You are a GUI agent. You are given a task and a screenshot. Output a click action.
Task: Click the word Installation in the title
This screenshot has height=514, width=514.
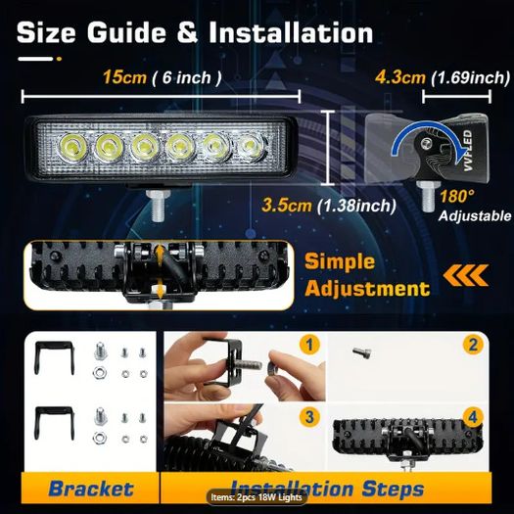[291, 32]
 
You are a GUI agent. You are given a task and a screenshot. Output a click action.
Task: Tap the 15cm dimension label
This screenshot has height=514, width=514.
[124, 77]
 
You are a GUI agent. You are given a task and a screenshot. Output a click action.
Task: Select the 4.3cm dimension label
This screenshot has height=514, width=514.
[400, 77]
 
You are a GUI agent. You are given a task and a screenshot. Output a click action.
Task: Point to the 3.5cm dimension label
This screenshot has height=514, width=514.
[287, 206]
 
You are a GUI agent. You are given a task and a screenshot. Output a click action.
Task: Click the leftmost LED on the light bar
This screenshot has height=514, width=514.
[72, 145]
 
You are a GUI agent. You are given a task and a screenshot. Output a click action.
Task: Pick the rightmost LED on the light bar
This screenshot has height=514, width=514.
[251, 145]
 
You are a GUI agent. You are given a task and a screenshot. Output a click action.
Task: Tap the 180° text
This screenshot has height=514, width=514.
[456, 197]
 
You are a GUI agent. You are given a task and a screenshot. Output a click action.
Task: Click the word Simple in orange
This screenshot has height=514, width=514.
[340, 262]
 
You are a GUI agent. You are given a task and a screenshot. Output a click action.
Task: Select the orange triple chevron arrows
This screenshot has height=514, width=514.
[465, 275]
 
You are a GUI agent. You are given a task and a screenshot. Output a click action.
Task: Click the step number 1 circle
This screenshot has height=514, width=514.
[309, 345]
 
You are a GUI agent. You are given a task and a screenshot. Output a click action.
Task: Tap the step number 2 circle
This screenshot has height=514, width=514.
[473, 345]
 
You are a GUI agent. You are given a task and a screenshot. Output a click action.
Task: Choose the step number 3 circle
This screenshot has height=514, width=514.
[309, 417]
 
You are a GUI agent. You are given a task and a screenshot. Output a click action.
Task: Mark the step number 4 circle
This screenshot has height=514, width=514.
[473, 417]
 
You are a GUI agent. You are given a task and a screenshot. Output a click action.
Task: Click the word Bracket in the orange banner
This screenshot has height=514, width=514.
[91, 489]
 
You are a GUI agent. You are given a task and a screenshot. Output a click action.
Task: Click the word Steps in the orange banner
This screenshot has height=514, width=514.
[393, 490]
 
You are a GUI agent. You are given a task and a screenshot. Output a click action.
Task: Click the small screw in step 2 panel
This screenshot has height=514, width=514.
[362, 352]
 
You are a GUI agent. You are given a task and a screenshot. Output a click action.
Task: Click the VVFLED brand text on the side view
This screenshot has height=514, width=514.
[468, 151]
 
